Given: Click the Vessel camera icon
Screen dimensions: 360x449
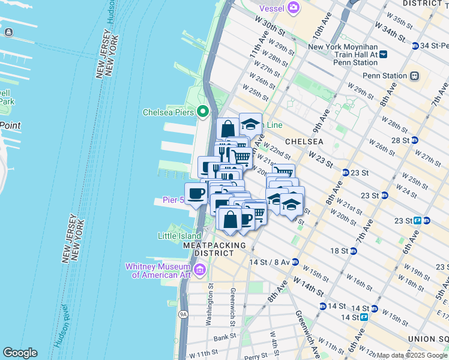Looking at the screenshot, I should tap(293, 7).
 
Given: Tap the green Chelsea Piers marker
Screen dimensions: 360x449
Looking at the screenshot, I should tap(203, 112).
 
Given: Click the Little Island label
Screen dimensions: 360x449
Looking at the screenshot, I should tap(178, 236).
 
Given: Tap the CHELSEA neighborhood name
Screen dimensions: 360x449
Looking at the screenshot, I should tap(304, 142).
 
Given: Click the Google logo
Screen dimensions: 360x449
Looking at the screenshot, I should tap(20, 353).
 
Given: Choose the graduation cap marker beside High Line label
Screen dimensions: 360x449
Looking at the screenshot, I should tap(250, 124).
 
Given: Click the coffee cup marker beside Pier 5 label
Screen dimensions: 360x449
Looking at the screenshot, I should tap(196, 194).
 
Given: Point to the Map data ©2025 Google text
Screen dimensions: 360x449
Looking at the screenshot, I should tap(412, 355).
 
